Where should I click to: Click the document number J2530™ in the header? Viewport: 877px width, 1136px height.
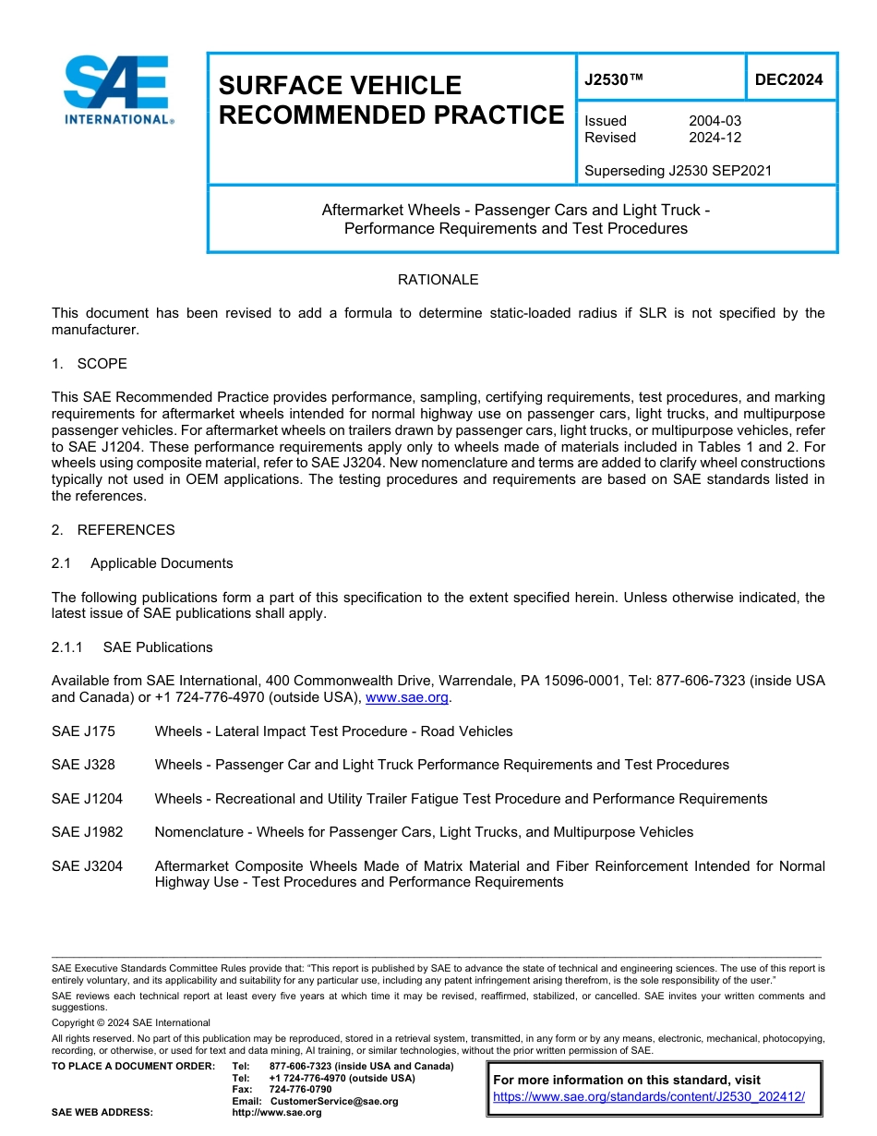coord(614,79)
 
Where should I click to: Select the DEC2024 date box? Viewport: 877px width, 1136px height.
coord(788,79)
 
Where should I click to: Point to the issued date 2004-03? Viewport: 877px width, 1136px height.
coord(715,121)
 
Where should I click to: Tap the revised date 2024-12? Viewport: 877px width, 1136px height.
coord(715,138)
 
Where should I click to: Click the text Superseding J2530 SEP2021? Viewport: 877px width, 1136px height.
coord(678,170)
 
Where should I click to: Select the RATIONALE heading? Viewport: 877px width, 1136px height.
coord(438,280)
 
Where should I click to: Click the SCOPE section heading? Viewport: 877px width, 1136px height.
coord(102,364)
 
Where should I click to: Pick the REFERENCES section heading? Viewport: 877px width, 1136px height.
coord(126,530)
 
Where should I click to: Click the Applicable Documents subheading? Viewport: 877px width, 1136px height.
coord(162,563)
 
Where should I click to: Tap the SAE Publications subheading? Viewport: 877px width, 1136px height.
coord(158,647)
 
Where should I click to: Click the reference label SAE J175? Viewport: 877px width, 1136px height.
coord(83,731)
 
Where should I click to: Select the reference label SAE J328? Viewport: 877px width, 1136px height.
coord(83,765)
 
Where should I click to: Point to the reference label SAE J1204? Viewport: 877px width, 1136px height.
coord(87,799)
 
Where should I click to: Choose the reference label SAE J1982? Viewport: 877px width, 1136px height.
coord(87,832)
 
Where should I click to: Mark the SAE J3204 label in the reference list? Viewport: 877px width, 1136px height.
coord(87,866)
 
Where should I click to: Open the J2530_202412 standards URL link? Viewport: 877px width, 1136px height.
coord(649,1097)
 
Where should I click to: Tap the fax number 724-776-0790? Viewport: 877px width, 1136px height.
coord(300,1090)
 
